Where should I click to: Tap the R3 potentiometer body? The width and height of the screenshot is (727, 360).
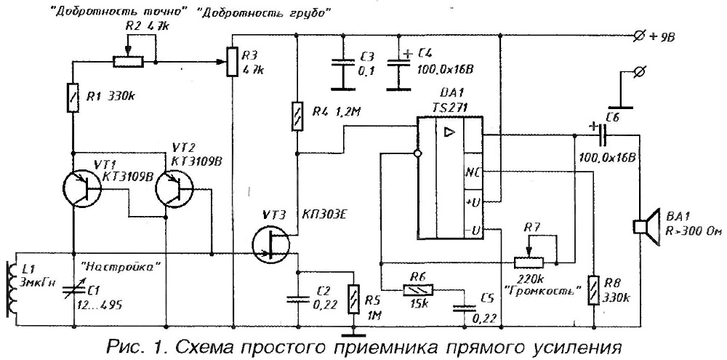(x=233, y=61)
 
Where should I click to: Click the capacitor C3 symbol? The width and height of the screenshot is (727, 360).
(x=338, y=73)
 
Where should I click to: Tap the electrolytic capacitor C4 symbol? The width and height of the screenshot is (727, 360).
(x=395, y=73)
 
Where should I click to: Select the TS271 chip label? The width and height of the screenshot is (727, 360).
(x=446, y=106)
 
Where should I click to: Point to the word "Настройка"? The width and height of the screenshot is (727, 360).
(x=112, y=267)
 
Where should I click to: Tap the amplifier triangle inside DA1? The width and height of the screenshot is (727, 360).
(x=449, y=132)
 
